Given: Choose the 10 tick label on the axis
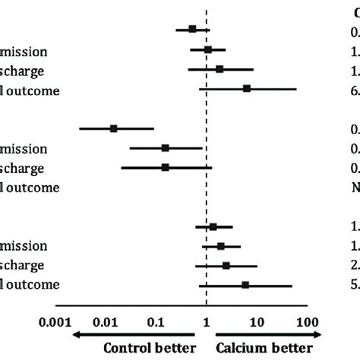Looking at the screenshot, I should [x=257, y=322].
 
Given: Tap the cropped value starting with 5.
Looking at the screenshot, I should [x=355, y=285].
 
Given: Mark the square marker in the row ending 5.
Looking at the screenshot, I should [x=245, y=285].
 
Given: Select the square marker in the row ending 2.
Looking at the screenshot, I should [x=226, y=266].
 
